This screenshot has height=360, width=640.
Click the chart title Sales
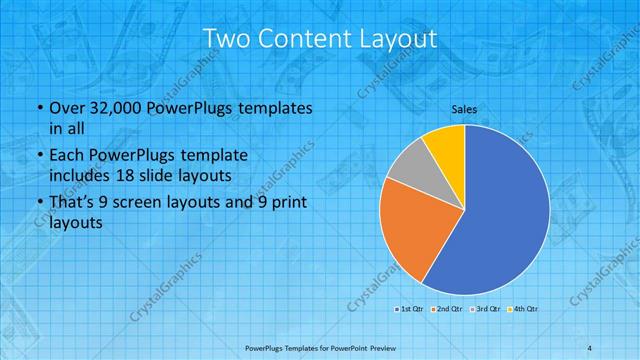463,109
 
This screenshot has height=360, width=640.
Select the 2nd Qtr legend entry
446,309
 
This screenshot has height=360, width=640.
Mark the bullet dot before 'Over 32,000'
38,108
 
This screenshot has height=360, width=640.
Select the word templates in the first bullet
276,108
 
